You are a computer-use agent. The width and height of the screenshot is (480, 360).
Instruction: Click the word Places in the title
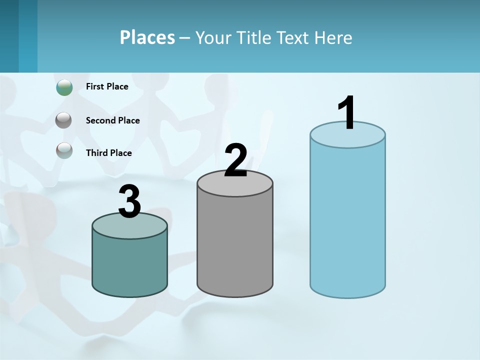point(147,37)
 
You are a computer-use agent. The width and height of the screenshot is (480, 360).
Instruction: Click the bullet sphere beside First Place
point(64,87)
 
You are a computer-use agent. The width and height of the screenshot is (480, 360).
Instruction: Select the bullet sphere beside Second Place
point(63,120)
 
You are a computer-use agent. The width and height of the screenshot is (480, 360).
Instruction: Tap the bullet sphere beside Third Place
point(64,150)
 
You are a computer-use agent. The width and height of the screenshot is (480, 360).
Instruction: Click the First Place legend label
point(107,86)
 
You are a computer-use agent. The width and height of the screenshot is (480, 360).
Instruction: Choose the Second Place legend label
point(112,120)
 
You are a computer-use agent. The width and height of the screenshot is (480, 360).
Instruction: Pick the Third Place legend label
point(108,153)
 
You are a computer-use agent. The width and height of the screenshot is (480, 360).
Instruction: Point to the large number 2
point(235,160)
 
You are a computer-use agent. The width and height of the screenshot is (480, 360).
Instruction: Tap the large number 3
point(129,201)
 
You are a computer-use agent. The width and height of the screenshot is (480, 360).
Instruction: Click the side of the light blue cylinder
point(347,220)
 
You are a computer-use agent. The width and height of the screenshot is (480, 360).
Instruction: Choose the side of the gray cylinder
point(235,245)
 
